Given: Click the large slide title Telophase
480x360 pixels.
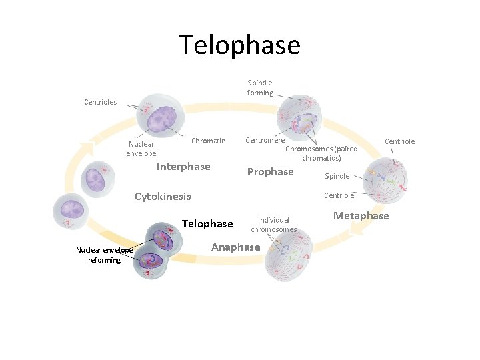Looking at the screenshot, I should pos(239,45).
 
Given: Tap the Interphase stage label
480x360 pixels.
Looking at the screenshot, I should pos(183,167).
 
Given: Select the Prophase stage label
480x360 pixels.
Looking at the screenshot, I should pos(270,172).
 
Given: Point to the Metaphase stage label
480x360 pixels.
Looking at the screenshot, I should pos(361,216).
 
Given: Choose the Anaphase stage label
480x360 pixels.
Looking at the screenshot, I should pos(235,247).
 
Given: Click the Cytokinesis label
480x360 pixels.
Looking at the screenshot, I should pos(163,197).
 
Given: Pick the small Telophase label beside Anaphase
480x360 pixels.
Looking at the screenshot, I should pos(207,224).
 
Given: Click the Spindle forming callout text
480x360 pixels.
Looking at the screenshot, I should pos(260,88).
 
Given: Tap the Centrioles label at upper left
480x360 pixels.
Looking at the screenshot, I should pos(101,102).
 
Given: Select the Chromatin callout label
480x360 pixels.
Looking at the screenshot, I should pos(209,141).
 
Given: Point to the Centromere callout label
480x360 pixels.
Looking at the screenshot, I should pos(265,140).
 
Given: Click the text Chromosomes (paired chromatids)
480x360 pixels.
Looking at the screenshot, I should pos(322,153).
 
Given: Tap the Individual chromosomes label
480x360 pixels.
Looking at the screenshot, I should pos(273,224).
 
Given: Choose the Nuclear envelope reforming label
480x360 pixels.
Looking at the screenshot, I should pos(104,255).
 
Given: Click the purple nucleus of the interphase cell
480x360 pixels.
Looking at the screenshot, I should pos(160,120).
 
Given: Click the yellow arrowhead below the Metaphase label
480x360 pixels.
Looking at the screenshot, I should pos(357,228).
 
